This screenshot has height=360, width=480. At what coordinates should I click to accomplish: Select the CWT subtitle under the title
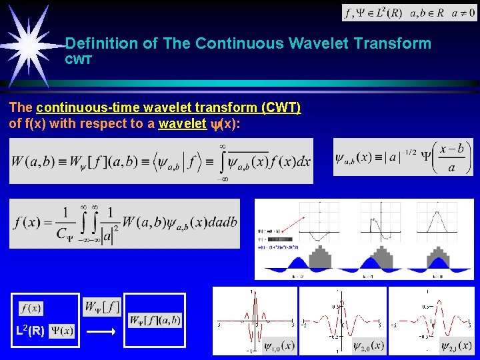click(x=78, y=60)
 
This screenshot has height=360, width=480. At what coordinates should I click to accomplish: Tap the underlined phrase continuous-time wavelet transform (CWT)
click(x=169, y=108)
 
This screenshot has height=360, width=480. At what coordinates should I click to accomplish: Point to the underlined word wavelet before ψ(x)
click(x=181, y=123)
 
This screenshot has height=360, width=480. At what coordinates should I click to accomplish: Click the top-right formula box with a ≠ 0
click(x=409, y=13)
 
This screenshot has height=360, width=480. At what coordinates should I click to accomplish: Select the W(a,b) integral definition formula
click(x=161, y=160)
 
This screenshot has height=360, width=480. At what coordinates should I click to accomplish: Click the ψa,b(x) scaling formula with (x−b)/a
click(x=403, y=157)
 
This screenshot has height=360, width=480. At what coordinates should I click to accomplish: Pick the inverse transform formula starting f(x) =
click(x=125, y=223)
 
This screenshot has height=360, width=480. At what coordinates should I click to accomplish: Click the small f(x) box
click(x=31, y=308)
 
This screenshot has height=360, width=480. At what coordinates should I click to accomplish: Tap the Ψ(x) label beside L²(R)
click(x=63, y=331)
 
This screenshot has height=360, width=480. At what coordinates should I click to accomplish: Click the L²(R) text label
click(x=31, y=331)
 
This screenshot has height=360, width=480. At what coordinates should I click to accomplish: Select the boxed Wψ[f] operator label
click(x=101, y=307)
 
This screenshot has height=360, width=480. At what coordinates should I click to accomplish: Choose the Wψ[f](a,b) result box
click(x=155, y=320)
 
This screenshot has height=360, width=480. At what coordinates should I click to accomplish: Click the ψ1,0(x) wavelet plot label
click(x=279, y=346)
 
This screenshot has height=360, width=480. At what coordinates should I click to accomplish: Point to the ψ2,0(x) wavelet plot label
click(x=368, y=346)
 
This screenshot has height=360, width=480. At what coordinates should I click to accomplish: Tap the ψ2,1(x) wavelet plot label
click(x=457, y=346)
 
